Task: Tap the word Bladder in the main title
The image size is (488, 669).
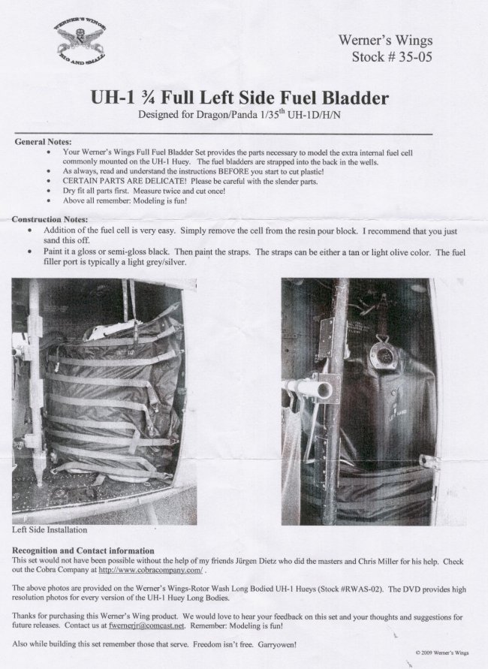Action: point(355,98)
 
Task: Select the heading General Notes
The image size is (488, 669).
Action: point(43,142)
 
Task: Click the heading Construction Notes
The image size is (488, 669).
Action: point(50,220)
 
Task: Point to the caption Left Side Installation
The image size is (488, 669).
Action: point(50,530)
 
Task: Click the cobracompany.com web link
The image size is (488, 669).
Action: point(151,570)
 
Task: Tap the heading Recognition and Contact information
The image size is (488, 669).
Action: point(83,551)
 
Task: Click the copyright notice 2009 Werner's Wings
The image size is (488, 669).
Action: point(442,652)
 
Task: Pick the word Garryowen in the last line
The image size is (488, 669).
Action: point(277,644)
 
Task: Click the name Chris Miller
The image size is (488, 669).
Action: point(383,562)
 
